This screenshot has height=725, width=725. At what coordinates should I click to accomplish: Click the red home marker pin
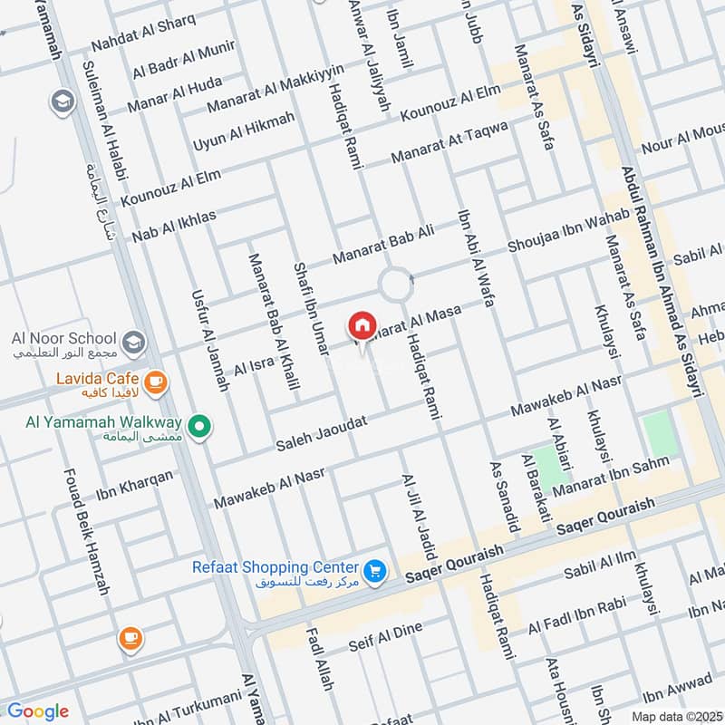point(361,326)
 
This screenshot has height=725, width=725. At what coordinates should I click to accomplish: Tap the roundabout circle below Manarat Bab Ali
point(396,285)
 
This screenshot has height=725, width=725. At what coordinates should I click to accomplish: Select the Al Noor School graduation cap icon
point(134,343)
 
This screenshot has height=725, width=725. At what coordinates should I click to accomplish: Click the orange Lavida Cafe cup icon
point(155,382)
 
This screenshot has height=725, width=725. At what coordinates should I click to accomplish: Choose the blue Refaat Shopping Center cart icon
point(376,571)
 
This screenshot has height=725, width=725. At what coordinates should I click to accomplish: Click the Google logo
point(37,711)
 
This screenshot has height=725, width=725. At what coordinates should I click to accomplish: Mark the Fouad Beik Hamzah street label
point(87,531)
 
